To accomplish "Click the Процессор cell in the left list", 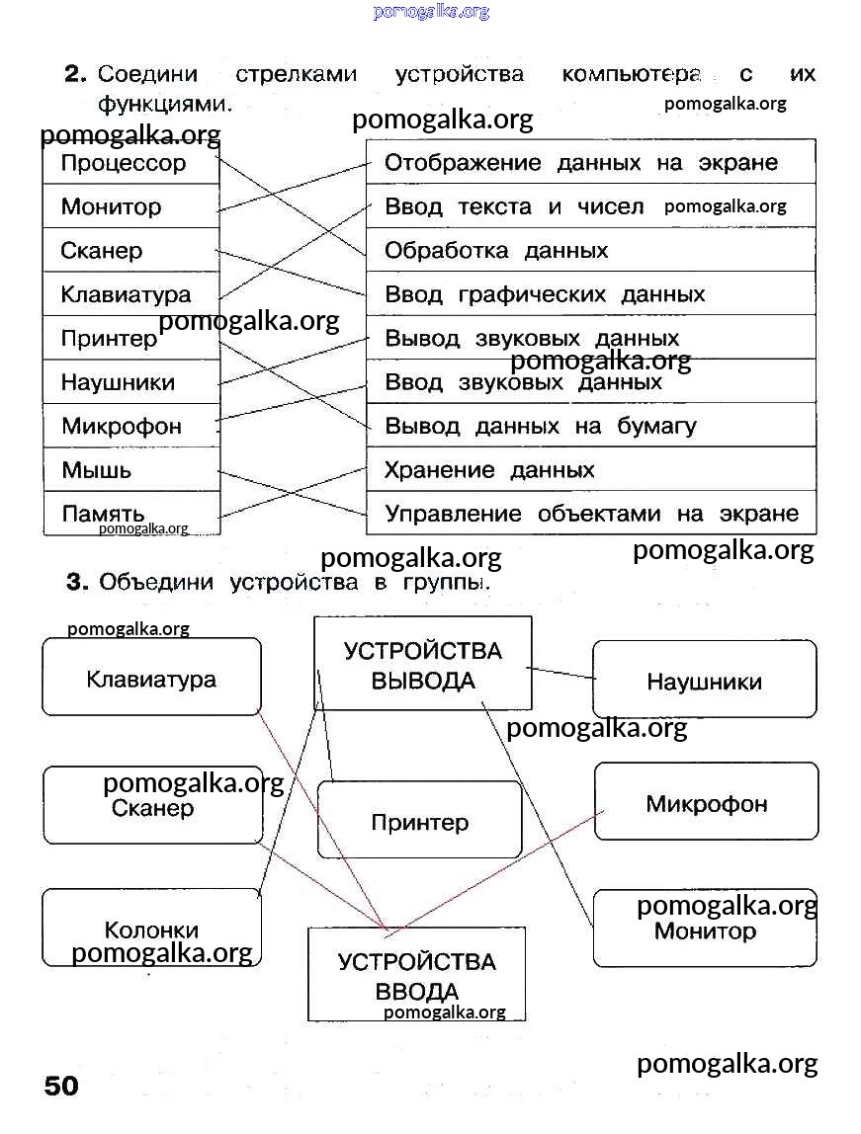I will click(124, 163).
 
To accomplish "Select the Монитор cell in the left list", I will click(111, 206).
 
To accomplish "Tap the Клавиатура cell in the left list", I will click(126, 294).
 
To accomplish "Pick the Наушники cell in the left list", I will click(118, 382).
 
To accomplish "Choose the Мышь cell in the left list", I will click(96, 470).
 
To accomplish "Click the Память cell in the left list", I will click(103, 514).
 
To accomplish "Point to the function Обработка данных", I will click(495, 251).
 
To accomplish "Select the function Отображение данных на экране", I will click(580, 163).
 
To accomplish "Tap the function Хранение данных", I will click(489, 470).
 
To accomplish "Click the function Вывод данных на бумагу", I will click(540, 427).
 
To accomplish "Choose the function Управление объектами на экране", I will click(590, 514).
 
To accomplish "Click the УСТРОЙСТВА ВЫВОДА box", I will click(422, 664).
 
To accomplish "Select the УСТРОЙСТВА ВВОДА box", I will click(416, 974).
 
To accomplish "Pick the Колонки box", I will click(151, 929).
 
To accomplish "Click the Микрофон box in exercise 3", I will click(706, 803).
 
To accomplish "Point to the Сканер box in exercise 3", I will click(153, 808).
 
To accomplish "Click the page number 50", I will click(60, 1087).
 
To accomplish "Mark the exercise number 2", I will click(76, 74).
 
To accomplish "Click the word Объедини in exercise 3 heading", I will click(156, 583).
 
